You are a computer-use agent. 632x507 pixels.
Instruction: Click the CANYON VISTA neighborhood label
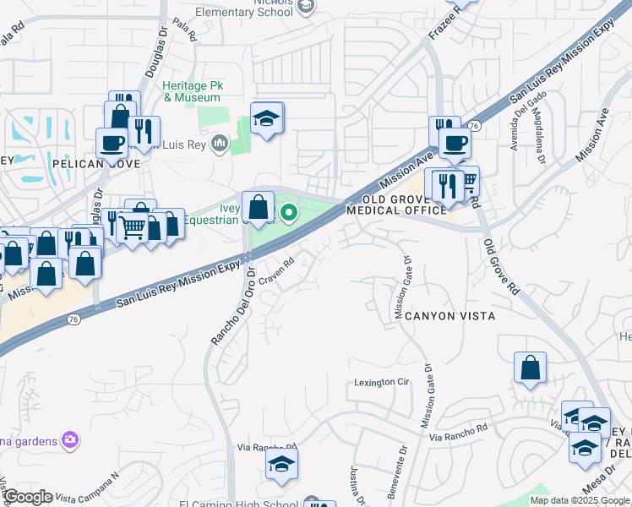click(x=449, y=315)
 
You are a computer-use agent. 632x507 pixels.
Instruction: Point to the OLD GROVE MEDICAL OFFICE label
click(x=395, y=204)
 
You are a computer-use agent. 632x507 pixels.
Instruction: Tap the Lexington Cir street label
click(x=381, y=383)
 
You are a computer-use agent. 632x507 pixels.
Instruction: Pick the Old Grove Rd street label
click(x=500, y=266)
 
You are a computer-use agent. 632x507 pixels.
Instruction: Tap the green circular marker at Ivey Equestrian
click(x=288, y=212)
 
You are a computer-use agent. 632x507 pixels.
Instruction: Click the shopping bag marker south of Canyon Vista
click(x=530, y=368)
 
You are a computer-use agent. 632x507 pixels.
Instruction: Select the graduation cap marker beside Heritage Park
click(x=267, y=120)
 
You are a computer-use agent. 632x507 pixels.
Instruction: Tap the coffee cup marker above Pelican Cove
click(x=112, y=144)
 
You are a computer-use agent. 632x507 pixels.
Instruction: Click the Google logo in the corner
click(x=28, y=497)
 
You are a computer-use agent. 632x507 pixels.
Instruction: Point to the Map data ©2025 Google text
click(x=579, y=500)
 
